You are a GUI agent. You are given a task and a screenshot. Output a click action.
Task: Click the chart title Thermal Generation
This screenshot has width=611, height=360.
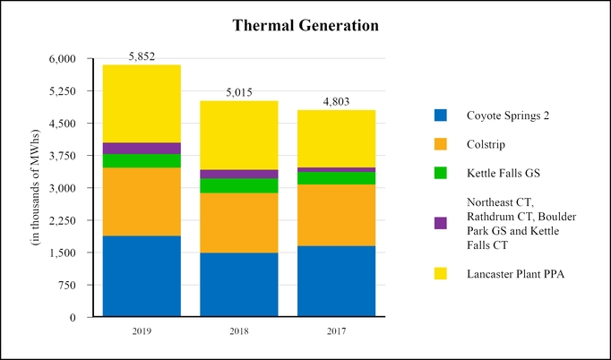click(305, 25)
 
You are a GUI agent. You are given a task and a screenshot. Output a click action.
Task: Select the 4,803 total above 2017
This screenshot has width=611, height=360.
click(336, 101)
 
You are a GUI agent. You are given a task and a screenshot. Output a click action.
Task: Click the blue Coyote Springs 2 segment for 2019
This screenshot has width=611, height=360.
click(142, 276)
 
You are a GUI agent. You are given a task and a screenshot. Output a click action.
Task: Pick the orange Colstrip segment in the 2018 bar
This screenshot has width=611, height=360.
click(238, 223)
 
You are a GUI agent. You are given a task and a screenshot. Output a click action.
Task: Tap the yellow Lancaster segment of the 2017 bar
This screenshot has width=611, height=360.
click(336, 139)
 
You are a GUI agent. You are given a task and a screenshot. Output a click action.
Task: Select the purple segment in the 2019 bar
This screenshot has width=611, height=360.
click(142, 149)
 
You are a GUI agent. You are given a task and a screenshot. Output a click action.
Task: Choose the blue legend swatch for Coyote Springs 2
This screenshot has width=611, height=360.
click(440, 115)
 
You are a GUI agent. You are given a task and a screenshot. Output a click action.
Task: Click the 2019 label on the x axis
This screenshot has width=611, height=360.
click(142, 331)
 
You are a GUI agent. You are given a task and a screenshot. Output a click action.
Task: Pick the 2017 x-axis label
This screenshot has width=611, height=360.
click(336, 331)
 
